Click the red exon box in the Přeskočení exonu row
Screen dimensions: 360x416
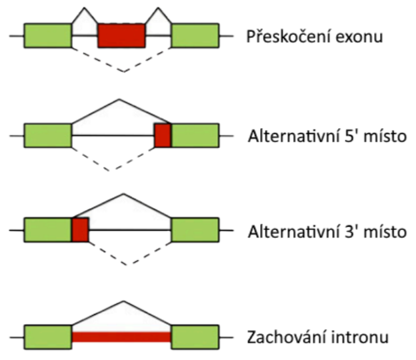click(121, 35)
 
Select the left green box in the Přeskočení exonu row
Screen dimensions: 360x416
click(48, 35)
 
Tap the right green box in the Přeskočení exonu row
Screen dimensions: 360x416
click(195, 35)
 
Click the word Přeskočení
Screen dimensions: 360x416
click(283, 36)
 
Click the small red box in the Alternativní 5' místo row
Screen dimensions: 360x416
click(163, 135)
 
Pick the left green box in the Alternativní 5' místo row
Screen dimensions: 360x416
click(48, 135)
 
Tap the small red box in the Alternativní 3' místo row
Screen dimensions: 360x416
click(80, 230)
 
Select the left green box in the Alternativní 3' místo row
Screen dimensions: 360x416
click(48, 230)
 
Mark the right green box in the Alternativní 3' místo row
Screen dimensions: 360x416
click(195, 230)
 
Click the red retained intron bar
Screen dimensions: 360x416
click(121, 337)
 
